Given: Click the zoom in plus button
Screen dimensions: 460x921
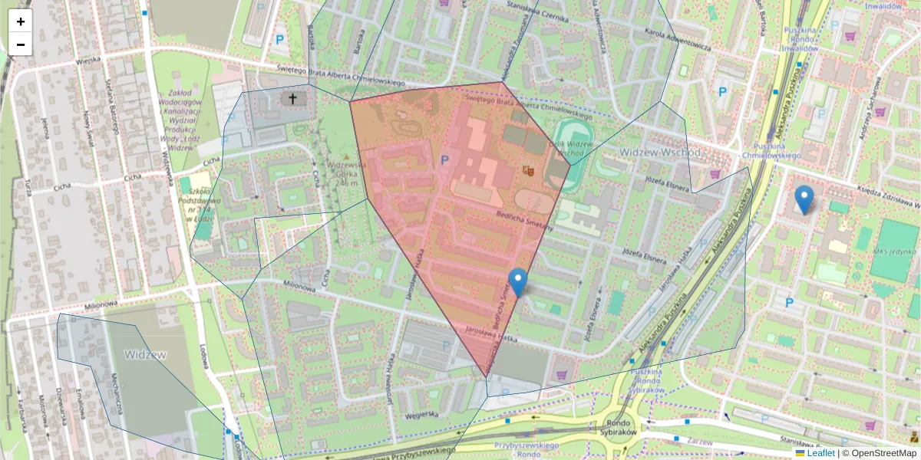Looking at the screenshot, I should (21, 21).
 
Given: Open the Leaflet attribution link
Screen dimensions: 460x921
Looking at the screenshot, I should (821, 453).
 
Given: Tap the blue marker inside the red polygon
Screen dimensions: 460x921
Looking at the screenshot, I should (519, 281).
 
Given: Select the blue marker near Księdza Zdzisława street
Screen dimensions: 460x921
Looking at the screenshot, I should (804, 199).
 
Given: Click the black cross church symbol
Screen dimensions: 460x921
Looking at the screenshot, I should (292, 98).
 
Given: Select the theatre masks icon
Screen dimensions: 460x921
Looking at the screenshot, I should (527, 169).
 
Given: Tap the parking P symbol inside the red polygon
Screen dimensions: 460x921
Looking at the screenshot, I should (444, 161).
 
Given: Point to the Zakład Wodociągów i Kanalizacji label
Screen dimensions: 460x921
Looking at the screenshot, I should (181, 119).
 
